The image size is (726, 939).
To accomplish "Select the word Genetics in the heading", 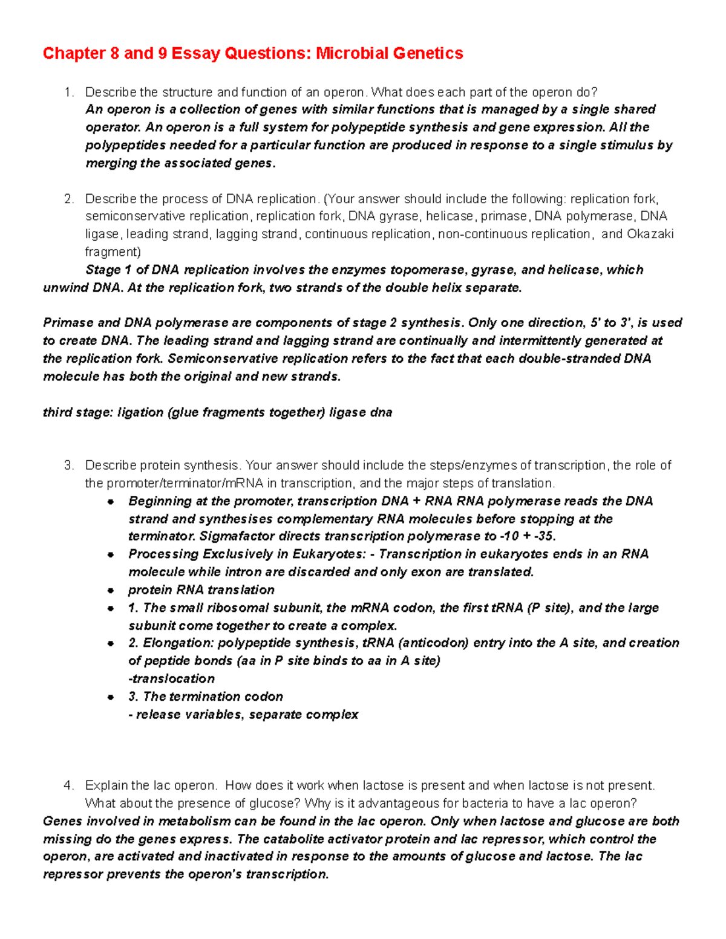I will click(428, 53).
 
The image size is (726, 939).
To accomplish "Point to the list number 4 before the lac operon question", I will click(68, 785).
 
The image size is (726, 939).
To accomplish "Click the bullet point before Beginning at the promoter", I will click(111, 502).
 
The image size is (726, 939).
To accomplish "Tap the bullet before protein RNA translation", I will click(111, 590).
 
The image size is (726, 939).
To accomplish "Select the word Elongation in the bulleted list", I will click(179, 643).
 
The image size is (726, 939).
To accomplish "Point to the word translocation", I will click(173, 678).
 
